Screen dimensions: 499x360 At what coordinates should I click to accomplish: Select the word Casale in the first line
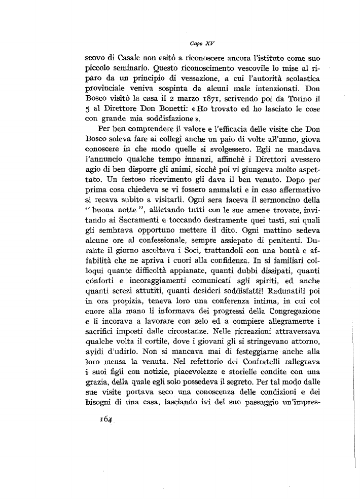pos(123,57)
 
